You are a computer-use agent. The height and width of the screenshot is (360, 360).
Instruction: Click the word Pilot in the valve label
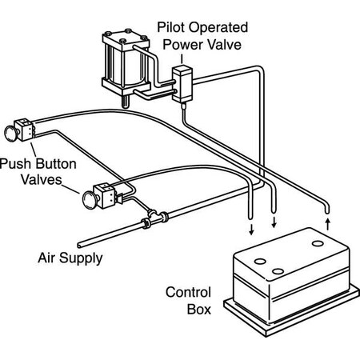[170, 27]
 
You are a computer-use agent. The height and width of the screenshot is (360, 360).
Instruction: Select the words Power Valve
[202, 45]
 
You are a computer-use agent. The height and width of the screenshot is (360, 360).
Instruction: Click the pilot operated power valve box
[182, 84]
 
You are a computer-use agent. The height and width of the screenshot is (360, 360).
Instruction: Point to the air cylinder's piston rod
[125, 102]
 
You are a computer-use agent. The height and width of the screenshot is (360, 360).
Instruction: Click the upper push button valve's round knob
[11, 133]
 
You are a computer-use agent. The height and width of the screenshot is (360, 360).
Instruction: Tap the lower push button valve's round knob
[90, 199]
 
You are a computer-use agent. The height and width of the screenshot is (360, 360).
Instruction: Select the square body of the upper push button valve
[24, 130]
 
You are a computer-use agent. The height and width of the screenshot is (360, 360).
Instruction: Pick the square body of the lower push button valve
[106, 195]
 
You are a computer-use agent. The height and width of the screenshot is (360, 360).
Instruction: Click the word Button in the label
[56, 164]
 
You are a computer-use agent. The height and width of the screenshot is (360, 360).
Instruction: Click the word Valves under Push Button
[42, 179]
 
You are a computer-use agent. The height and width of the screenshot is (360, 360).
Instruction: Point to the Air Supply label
[70, 258]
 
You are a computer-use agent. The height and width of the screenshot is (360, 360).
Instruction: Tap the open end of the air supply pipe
[79, 245]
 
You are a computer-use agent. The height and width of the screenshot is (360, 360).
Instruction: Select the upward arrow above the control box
[328, 225]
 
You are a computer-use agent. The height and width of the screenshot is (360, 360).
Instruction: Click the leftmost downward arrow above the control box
[250, 230]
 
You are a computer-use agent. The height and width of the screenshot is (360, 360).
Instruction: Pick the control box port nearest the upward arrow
[318, 244]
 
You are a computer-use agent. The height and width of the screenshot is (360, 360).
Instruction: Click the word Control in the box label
[188, 292]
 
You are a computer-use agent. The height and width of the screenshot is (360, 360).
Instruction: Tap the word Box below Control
[199, 310]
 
